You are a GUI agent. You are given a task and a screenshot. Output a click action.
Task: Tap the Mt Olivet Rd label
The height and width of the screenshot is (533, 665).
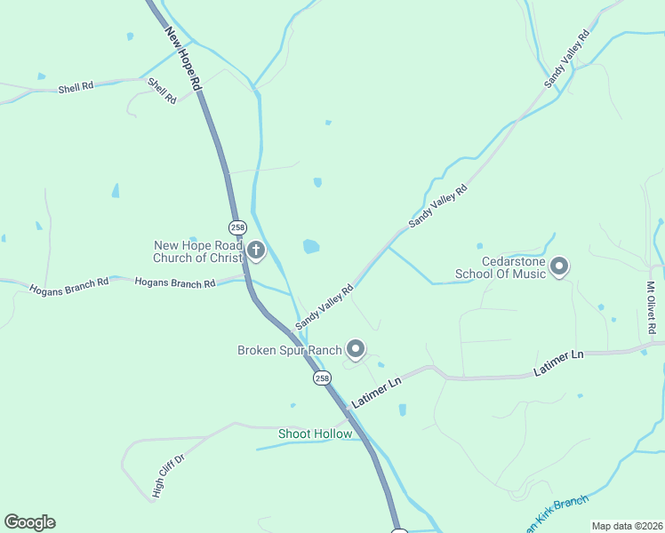(652, 308)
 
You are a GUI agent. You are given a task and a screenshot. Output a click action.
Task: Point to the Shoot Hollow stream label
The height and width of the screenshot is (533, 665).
(315, 434)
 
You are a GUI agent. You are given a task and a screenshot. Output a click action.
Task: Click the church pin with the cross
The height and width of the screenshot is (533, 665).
(256, 251)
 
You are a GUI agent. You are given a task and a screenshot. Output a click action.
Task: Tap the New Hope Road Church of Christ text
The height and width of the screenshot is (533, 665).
(197, 251)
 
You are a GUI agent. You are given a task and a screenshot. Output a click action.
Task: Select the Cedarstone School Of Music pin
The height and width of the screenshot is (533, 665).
(559, 266)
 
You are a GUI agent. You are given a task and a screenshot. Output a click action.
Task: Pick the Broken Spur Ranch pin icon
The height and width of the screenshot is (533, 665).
(356, 350)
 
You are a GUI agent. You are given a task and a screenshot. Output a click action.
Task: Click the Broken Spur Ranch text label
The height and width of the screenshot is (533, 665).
(289, 350)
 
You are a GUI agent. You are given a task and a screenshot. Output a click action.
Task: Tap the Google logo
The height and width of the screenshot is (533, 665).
(29, 522)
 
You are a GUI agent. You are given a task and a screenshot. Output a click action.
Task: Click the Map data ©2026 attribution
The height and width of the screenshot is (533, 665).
(627, 526)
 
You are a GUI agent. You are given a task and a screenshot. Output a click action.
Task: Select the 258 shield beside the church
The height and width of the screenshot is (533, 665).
(237, 227)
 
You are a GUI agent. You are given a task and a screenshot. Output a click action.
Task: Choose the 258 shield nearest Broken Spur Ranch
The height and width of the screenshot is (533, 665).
(321, 378)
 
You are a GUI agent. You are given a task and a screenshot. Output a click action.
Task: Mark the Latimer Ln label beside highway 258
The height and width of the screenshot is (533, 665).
(377, 392)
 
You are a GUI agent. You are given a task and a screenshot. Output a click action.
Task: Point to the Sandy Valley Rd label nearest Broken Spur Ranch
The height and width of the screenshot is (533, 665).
(325, 304)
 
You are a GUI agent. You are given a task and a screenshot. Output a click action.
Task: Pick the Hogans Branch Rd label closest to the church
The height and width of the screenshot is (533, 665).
(175, 283)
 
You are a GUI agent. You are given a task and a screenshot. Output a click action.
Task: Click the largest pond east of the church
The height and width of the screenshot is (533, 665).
(311, 246)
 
